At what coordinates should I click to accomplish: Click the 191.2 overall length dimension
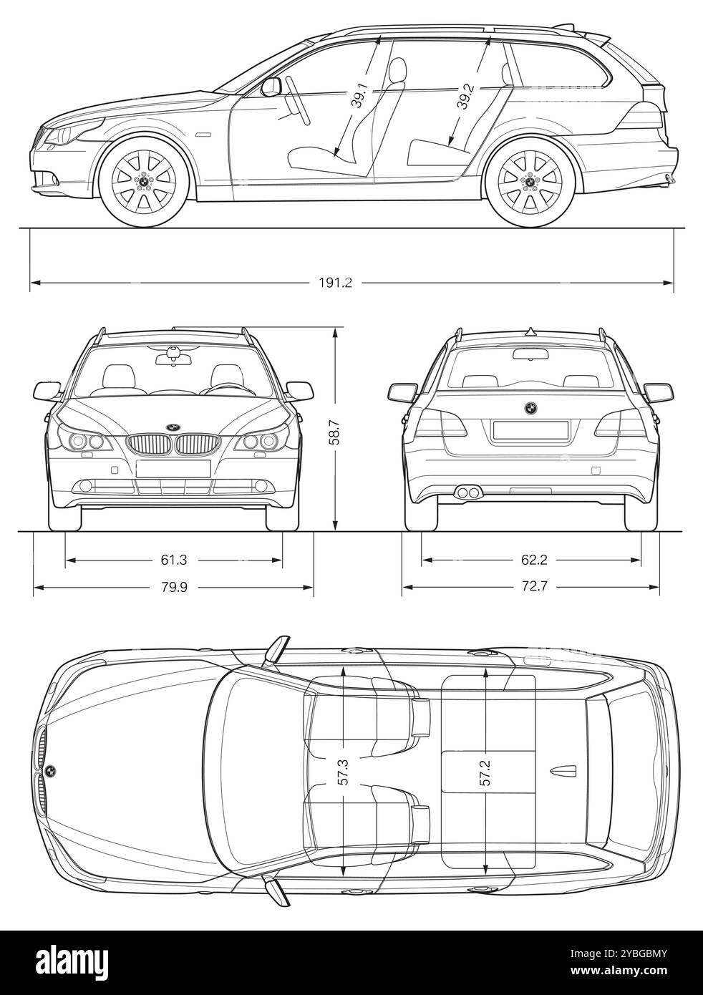click(x=335, y=283)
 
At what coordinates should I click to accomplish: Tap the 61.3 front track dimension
click(x=174, y=560)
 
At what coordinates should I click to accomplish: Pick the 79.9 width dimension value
click(x=174, y=587)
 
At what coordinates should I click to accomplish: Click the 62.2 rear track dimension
click(x=534, y=560)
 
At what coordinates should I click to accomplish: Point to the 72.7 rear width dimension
click(x=534, y=587)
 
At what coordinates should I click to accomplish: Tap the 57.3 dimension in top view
click(x=344, y=772)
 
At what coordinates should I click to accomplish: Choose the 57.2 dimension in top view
click(x=485, y=772)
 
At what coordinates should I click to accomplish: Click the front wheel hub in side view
click(x=144, y=181)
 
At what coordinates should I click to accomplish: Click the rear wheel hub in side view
click(x=529, y=181)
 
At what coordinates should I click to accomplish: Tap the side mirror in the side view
click(x=271, y=87)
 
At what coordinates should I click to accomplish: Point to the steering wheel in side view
click(x=298, y=100)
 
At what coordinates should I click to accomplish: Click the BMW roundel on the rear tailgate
click(x=530, y=408)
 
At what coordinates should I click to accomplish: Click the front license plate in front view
click(x=173, y=469)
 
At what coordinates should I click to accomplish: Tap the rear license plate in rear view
click(x=530, y=430)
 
